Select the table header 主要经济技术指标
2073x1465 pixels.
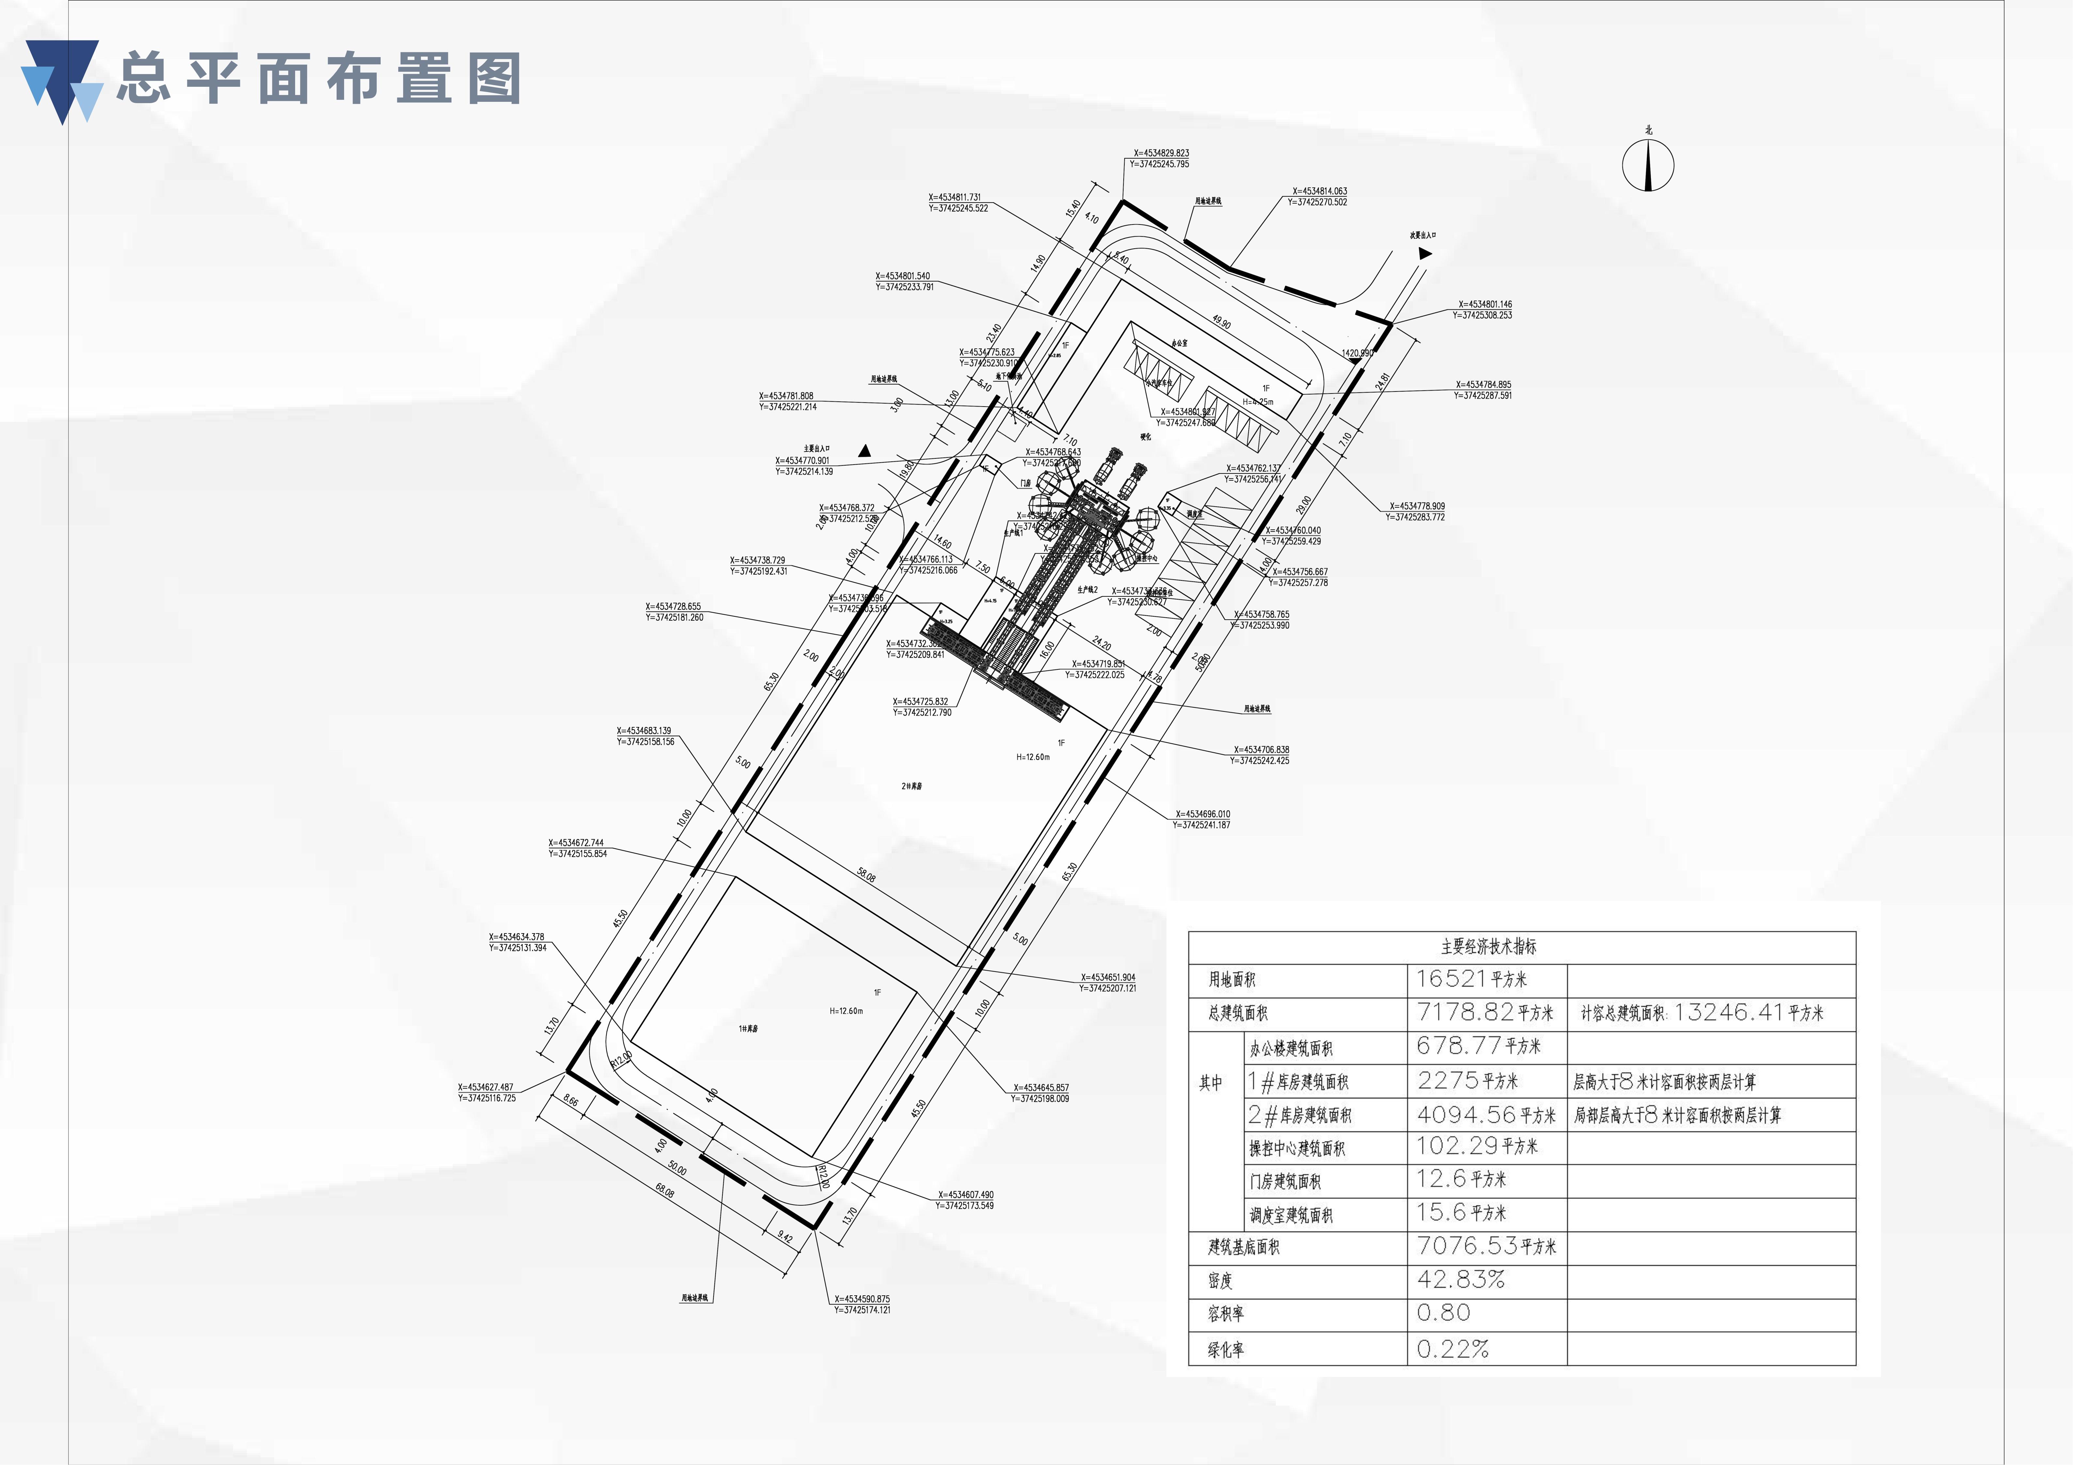click(1488, 946)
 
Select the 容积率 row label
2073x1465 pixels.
click(1226, 1313)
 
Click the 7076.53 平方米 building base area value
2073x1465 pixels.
click(1486, 1246)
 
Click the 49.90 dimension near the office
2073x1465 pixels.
click(1221, 322)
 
